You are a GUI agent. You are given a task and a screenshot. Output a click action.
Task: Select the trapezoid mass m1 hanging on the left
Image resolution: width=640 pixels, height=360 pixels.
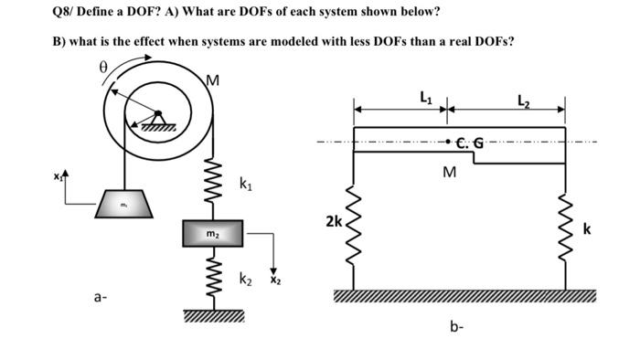122,205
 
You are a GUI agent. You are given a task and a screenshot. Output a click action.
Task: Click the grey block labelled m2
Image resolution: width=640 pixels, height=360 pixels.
212,234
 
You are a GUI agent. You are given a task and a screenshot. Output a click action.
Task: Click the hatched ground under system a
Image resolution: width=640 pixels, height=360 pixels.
212,316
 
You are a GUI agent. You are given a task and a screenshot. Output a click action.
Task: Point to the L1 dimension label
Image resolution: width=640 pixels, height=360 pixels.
426,96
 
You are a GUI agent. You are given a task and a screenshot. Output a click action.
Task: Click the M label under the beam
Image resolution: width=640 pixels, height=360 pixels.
449,172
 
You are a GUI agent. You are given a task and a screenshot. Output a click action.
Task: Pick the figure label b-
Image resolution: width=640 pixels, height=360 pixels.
456,324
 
